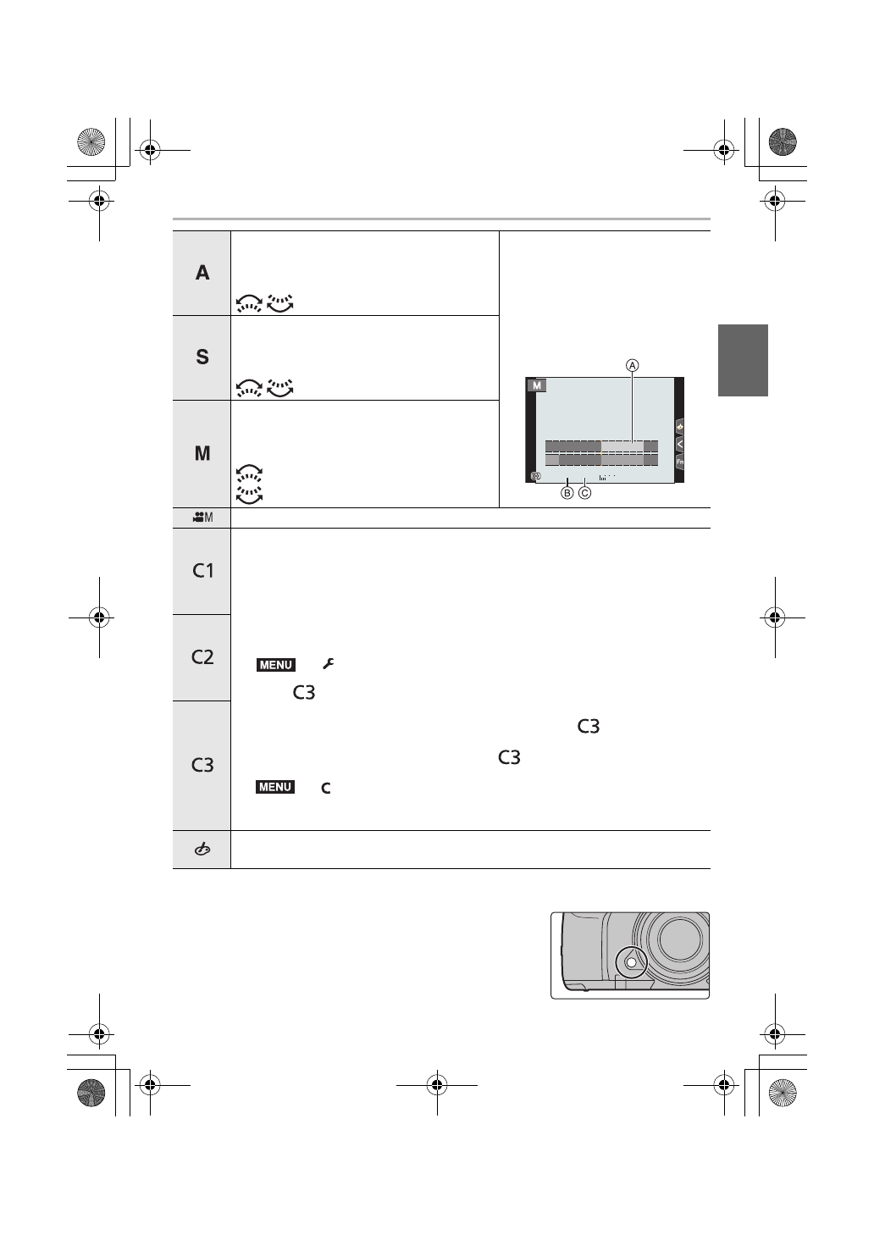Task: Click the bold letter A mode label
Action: click(202, 273)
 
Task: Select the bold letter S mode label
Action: click(202, 357)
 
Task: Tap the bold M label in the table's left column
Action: click(202, 453)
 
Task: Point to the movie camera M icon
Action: click(202, 518)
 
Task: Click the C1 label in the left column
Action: click(202, 570)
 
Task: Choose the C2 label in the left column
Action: click(202, 656)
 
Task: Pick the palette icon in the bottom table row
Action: click(202, 850)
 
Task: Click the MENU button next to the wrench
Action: click(275, 665)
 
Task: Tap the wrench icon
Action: click(329, 664)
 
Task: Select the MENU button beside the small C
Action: click(275, 787)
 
